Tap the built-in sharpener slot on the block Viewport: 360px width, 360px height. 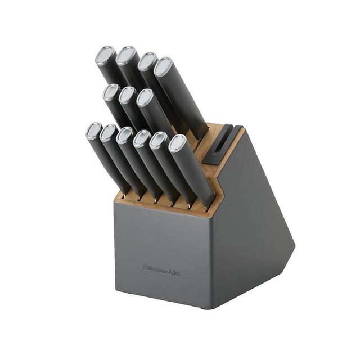click(x=223, y=140)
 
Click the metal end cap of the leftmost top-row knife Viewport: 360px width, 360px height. click(x=105, y=55)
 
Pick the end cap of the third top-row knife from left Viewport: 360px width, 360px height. click(x=147, y=61)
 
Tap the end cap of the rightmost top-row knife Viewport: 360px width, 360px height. click(x=163, y=66)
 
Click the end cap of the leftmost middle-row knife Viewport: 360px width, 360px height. click(x=111, y=92)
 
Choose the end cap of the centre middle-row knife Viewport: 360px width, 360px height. click(x=128, y=94)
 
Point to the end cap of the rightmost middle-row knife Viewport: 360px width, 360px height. click(x=145, y=98)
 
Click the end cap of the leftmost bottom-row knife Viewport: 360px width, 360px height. click(x=94, y=131)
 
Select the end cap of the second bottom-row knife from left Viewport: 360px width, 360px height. click(x=109, y=133)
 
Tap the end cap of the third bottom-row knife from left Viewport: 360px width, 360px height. click(x=125, y=135)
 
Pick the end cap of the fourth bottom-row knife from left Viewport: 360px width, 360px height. click(x=141, y=138)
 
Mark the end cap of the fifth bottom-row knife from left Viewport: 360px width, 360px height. click(x=159, y=140)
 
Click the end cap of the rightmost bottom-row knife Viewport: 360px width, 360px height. click(x=178, y=143)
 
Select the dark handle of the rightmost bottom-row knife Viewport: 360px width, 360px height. click(x=194, y=174)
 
